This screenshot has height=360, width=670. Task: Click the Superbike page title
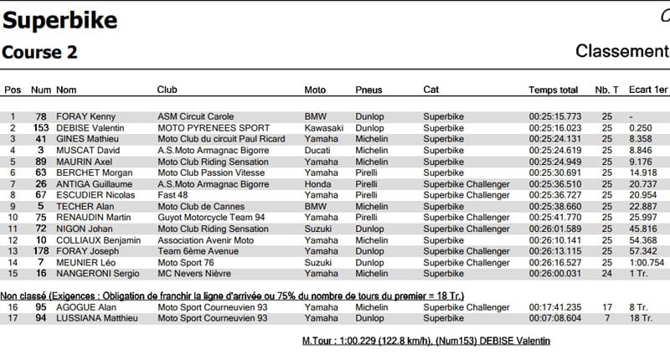coord(60,21)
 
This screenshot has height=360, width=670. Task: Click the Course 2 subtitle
coord(40,52)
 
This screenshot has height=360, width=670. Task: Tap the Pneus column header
coord(368,90)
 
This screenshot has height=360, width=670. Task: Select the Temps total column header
coord(553,90)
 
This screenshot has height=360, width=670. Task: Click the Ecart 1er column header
coord(648,90)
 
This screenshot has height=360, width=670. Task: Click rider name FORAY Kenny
coord(86,116)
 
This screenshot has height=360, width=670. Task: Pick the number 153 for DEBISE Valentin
coord(40,127)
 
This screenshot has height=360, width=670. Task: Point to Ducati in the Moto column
coord(317,150)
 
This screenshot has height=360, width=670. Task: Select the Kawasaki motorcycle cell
coord(324,127)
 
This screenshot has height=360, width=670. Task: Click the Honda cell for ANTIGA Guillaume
coord(317,183)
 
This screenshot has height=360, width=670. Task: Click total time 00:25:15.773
coord(554,116)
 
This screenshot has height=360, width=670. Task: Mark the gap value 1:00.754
coord(648,261)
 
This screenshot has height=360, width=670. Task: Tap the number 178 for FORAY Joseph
coord(40,250)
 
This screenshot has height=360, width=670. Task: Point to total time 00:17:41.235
coord(554,307)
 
